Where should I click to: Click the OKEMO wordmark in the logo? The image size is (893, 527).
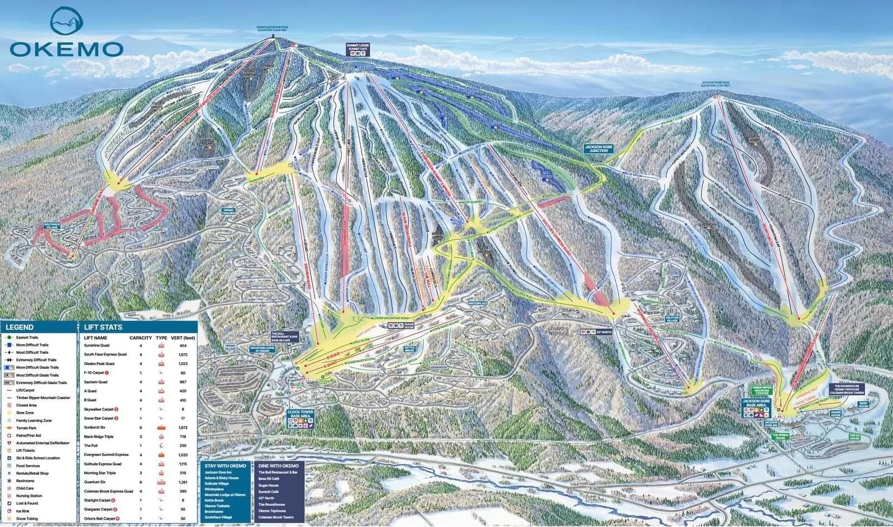66,48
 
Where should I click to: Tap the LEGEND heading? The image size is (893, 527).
20,327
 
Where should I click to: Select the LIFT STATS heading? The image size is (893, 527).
103,327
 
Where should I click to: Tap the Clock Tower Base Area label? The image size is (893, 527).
300,414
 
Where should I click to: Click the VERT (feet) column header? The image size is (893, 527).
182,338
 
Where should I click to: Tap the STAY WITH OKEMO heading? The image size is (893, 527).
225,466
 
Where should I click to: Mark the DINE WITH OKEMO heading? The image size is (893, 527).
278,466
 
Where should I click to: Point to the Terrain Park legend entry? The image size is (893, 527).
27,428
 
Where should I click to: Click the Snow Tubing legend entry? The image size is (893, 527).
27,519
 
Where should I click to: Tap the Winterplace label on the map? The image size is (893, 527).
478,303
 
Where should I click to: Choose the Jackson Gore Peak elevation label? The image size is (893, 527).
715,84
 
